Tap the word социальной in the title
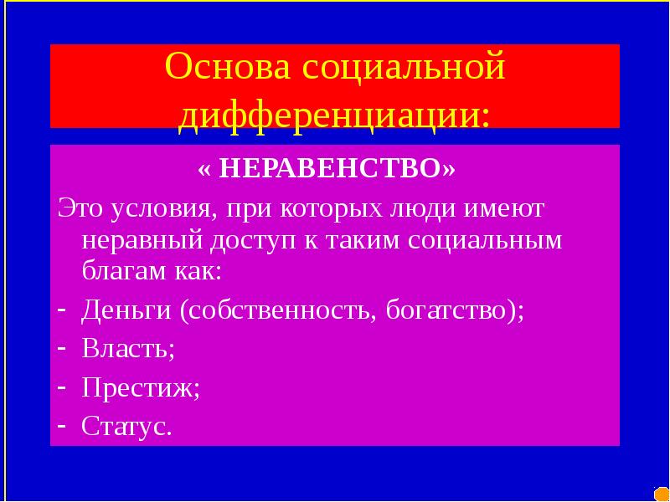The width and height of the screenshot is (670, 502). [x=405, y=67]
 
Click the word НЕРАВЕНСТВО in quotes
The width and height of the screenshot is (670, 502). [x=334, y=171]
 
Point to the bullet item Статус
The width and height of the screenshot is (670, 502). [x=127, y=427]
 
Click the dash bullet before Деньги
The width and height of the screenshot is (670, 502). [x=62, y=309]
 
